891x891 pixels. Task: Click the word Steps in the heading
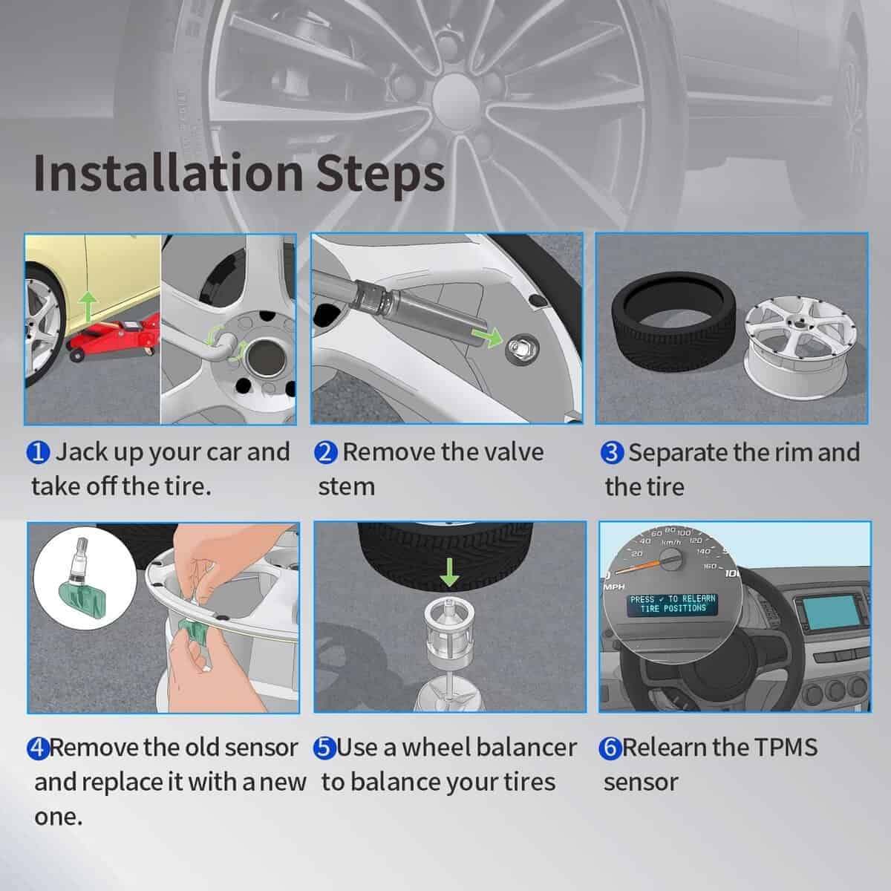[x=380, y=177]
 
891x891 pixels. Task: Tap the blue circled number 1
[x=38, y=453]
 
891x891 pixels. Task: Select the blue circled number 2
[x=325, y=453]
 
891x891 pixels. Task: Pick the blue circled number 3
[x=612, y=453]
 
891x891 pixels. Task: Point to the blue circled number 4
[x=39, y=748]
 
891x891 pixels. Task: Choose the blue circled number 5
[x=325, y=748]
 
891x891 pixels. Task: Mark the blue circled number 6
[x=610, y=748]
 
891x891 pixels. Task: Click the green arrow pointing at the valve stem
[x=488, y=336]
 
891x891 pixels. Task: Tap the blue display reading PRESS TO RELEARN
[x=673, y=604]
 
